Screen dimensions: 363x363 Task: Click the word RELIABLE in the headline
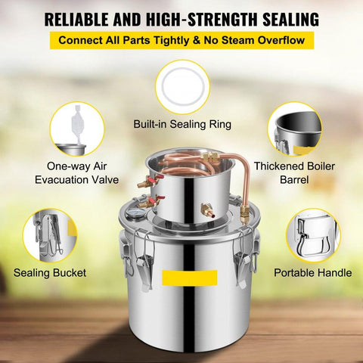(76, 20)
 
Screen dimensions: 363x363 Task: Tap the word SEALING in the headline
(290, 20)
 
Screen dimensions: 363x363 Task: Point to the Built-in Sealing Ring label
(182, 124)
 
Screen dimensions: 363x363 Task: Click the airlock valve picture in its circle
(77, 129)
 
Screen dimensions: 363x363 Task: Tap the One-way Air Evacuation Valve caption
(76, 173)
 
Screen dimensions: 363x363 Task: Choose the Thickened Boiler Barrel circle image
(294, 129)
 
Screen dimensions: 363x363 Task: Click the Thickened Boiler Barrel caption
(294, 173)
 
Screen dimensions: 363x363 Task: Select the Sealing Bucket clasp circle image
(50, 236)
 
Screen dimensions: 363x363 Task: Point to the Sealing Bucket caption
(50, 273)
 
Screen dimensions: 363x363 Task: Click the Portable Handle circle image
(313, 236)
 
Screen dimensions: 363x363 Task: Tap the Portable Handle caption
(313, 273)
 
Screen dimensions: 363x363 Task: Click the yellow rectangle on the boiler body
(190, 278)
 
